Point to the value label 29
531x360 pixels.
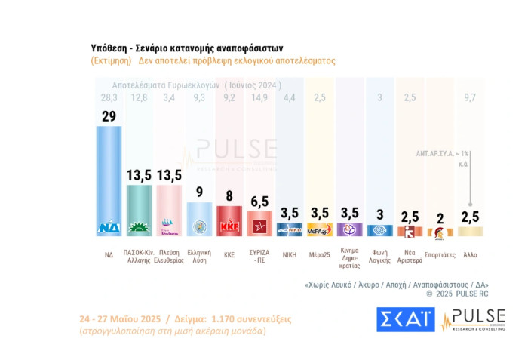click(x=109, y=115)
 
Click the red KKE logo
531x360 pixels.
click(x=229, y=225)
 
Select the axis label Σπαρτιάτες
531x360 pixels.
click(x=440, y=254)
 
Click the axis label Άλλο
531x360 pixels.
click(x=470, y=254)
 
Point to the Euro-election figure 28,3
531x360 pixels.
click(x=109, y=97)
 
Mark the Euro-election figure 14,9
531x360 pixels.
click(x=259, y=97)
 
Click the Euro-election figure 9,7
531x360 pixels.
click(x=470, y=97)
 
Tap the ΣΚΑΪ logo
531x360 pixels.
click(x=405, y=320)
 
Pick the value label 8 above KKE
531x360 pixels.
click(x=229, y=197)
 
